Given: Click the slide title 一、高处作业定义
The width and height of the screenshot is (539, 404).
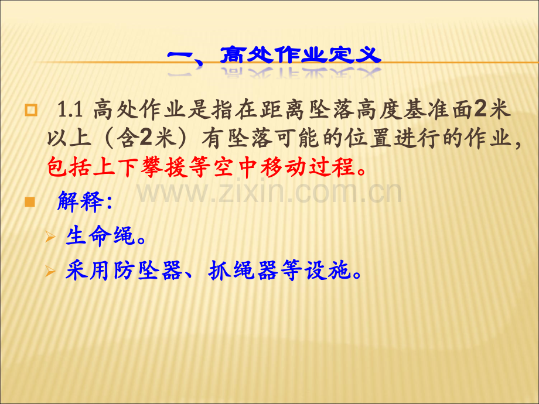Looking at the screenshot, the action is (274, 55).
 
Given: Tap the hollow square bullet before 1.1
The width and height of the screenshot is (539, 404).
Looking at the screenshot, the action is (31, 110).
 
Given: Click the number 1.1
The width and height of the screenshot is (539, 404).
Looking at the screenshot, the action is (70, 110).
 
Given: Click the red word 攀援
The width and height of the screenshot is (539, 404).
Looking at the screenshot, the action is (164, 167).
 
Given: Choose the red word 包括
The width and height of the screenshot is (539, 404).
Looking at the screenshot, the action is (69, 167).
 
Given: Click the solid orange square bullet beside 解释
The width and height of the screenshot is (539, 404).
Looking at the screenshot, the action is (30, 202).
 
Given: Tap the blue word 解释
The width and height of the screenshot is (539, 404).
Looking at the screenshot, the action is (80, 201).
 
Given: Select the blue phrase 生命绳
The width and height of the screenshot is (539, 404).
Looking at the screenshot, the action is (100, 236).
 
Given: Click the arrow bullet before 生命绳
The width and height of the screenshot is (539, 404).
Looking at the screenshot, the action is (50, 237).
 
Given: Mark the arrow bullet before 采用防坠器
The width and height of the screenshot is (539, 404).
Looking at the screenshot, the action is (50, 272).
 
